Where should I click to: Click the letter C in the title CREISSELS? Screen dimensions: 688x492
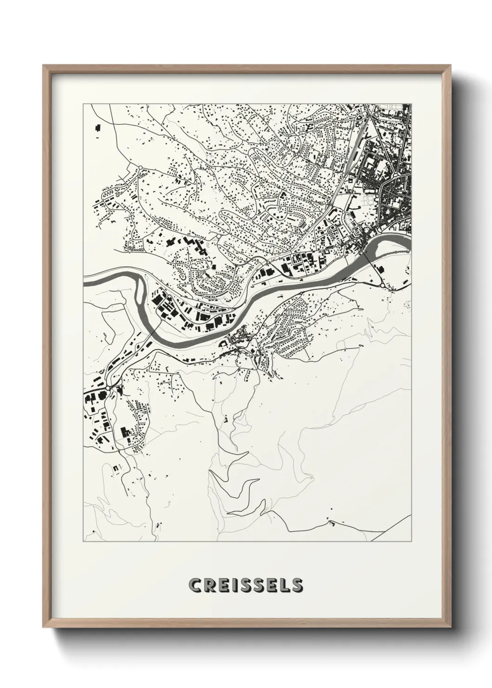tap(195, 585)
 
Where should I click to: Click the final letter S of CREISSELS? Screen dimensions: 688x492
tap(297, 585)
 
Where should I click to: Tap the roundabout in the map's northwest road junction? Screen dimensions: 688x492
tap(140, 167)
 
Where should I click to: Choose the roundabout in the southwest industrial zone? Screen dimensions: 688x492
tap(108, 387)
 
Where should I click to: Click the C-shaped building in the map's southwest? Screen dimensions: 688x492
tap(124, 432)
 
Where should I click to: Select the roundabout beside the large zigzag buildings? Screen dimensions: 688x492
tap(218, 238)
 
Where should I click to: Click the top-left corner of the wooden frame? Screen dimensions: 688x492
tap(43, 65)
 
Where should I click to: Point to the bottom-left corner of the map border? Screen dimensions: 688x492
tap(83, 542)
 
